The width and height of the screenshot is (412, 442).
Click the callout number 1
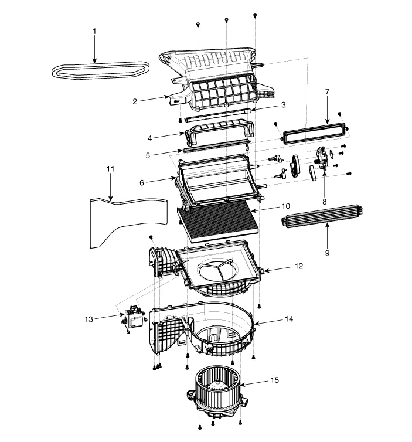pos(95,31)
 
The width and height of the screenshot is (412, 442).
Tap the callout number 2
pos(134,101)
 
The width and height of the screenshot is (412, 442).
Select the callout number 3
pos(283,105)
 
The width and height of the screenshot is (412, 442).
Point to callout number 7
pos(327,92)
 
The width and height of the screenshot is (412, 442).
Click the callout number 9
pos(327,253)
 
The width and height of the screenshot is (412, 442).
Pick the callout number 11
pos(111,169)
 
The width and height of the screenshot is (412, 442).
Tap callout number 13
pos(89,319)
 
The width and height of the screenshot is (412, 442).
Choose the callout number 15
pos(274,380)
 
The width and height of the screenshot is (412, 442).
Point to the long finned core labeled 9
pos(319,221)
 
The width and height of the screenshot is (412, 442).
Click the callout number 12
pos(299,266)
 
